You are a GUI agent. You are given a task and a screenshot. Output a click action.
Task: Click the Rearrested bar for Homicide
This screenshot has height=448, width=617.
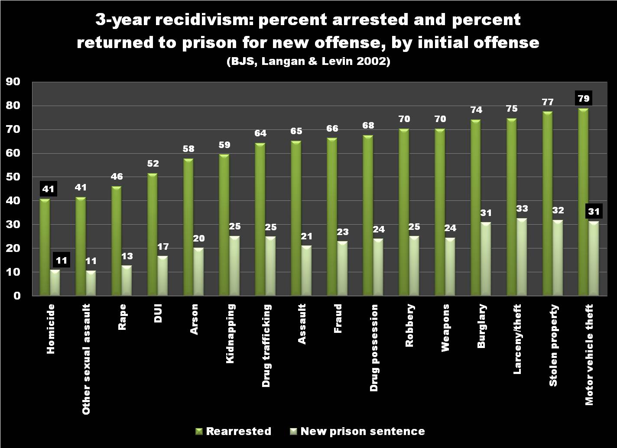coord(45,247)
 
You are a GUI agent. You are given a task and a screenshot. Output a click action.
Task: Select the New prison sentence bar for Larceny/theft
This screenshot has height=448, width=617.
coord(522,257)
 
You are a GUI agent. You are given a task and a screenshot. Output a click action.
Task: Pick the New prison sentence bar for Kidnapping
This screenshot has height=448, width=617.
coord(234,266)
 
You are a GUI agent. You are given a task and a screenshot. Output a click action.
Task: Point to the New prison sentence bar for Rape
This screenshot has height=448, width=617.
coord(127,280)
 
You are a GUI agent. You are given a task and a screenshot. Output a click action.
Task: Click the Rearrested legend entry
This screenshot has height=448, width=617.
coord(234,431)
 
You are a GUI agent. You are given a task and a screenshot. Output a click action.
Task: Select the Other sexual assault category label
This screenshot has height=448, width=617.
coord(87,359)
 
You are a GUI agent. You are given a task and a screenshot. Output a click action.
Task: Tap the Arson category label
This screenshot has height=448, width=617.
coord(195,319)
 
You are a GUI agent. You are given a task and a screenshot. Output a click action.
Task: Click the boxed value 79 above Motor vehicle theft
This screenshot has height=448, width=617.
coord(583,98)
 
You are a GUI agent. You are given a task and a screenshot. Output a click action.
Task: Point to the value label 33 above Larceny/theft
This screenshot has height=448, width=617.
coord(522,209)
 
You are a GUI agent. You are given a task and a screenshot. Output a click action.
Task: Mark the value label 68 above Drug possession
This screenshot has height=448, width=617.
coord(368,126)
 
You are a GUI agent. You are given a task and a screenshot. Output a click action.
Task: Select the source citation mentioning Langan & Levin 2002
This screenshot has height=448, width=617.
coord(308,61)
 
